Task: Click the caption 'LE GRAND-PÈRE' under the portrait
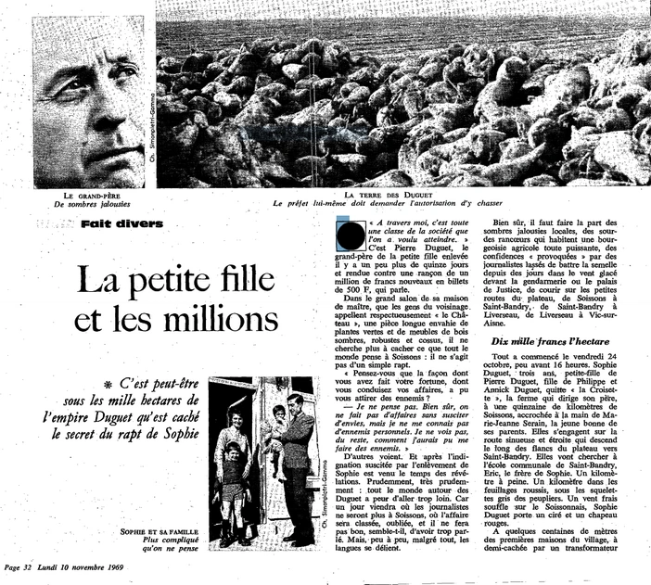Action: (88, 197)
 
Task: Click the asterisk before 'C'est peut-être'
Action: (108, 384)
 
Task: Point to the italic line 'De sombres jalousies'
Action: (88, 206)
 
